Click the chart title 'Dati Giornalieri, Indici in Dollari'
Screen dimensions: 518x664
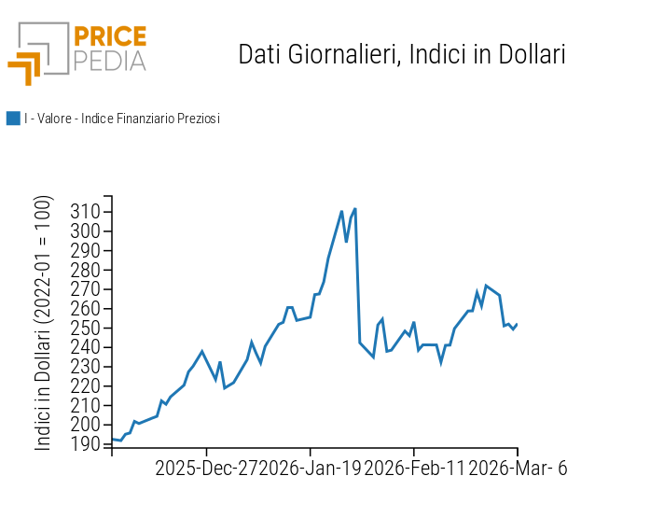[402, 54]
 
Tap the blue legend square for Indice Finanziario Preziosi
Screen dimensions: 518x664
[13, 119]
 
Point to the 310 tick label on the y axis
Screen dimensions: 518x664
[85, 212]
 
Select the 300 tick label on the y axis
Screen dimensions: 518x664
[85, 231]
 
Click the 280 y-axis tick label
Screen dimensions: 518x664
[85, 270]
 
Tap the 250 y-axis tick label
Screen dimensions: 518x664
[85, 328]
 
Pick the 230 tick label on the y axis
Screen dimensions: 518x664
[85, 367]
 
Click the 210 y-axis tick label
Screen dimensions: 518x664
[85, 405]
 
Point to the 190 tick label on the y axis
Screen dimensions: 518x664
[85, 444]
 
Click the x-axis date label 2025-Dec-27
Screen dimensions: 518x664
[206, 468]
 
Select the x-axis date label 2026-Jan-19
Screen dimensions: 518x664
[311, 468]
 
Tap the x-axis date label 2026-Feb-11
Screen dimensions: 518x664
[414, 468]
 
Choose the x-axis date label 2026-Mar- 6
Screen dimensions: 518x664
[517, 468]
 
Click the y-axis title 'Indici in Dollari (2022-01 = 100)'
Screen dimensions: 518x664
[44, 323]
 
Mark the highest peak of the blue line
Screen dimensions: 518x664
[355, 209]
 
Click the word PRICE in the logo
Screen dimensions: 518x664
[110, 37]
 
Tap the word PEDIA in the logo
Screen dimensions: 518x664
[110, 61]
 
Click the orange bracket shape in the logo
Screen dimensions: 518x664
[25, 67]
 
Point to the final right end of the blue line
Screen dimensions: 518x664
[517, 324]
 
